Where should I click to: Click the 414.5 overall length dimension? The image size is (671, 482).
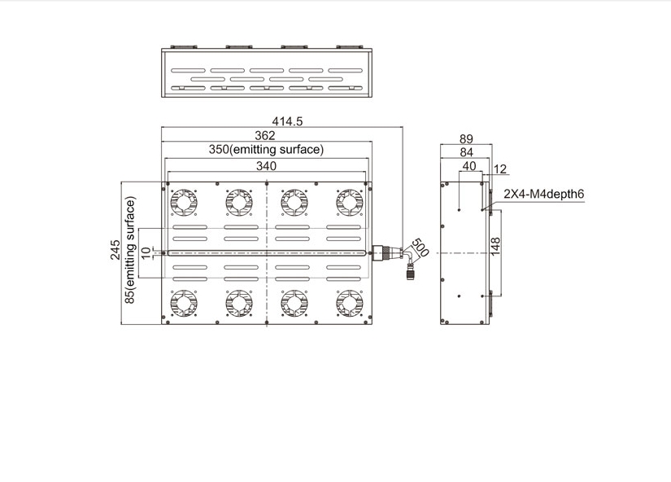point(287,121)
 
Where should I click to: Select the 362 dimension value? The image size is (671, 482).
point(265,135)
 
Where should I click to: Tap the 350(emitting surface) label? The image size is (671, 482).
point(266,150)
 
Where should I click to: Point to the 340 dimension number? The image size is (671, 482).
point(266,166)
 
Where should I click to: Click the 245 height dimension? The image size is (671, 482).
point(115,250)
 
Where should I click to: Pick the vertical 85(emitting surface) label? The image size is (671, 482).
point(130,250)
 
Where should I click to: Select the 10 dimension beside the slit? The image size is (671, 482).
point(146,252)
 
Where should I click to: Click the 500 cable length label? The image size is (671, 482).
point(419,248)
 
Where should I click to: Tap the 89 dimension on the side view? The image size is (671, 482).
point(466,138)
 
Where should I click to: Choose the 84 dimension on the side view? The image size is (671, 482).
point(466,152)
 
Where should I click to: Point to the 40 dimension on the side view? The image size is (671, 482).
point(469,166)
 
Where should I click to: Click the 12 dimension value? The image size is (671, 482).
point(500,169)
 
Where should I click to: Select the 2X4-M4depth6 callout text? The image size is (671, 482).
point(543,194)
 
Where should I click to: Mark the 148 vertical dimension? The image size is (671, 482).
point(495,247)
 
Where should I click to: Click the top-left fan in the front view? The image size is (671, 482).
point(184,203)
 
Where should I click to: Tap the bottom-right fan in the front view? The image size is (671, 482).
point(350,304)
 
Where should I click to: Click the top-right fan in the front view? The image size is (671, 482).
point(350,203)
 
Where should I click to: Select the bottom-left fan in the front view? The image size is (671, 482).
point(184,304)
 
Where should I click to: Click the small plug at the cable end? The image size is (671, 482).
point(411,272)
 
